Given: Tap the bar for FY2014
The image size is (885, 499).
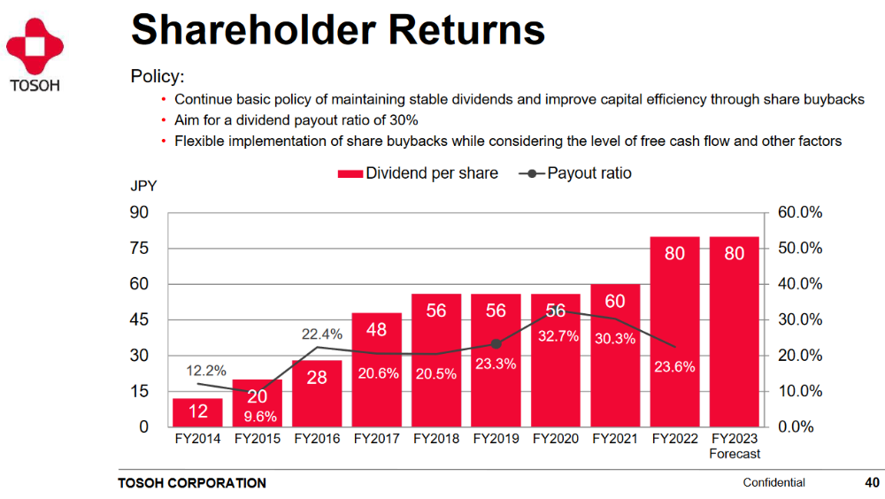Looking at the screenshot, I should point(197,412).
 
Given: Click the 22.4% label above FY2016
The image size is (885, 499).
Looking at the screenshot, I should point(320,334).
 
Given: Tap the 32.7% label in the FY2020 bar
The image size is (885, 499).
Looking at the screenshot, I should point(555,336).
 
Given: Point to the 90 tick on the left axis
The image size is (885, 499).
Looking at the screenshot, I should point(139,212).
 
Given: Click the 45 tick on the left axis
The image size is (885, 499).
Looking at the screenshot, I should point(139,319).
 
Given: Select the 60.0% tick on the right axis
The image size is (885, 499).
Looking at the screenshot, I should point(800,212).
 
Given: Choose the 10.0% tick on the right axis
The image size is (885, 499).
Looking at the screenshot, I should point(800,391).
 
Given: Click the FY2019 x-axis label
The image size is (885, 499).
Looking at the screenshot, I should point(495,439).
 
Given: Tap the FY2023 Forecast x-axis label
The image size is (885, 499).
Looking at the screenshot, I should point(735,446).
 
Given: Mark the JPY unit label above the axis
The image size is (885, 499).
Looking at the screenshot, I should point(144,187).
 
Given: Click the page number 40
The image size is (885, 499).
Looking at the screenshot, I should point(872,483).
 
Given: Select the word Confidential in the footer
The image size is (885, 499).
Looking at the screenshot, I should point(773,483).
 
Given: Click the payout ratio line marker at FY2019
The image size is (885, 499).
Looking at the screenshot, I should point(496,343).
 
